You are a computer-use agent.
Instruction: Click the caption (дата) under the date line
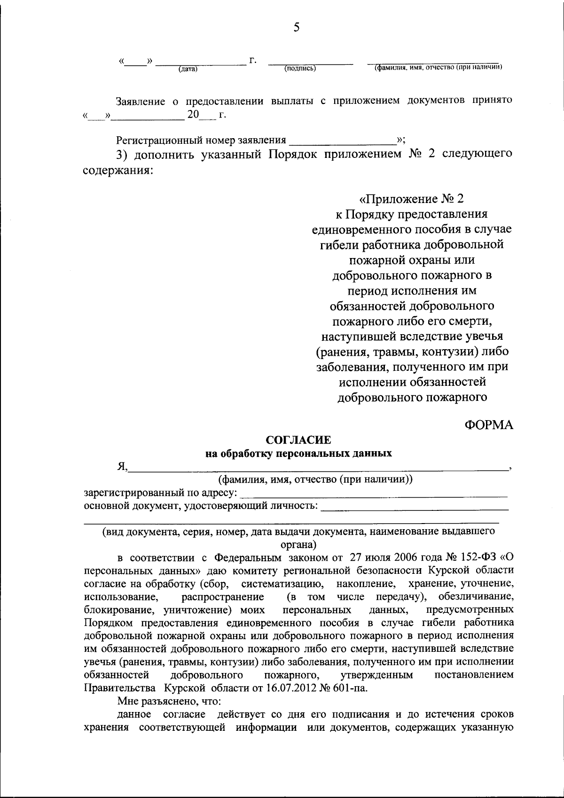click(x=188, y=70)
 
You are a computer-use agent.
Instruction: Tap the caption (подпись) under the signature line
click(x=300, y=69)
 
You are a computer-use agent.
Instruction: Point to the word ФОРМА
click(x=489, y=425)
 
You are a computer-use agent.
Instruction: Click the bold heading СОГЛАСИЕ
click(x=298, y=440)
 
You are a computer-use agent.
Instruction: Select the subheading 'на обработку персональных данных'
click(x=298, y=454)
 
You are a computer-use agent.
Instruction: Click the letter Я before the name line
click(x=121, y=467)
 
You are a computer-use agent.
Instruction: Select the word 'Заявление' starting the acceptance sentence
click(x=141, y=101)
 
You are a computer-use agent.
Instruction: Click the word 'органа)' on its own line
click(x=298, y=545)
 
